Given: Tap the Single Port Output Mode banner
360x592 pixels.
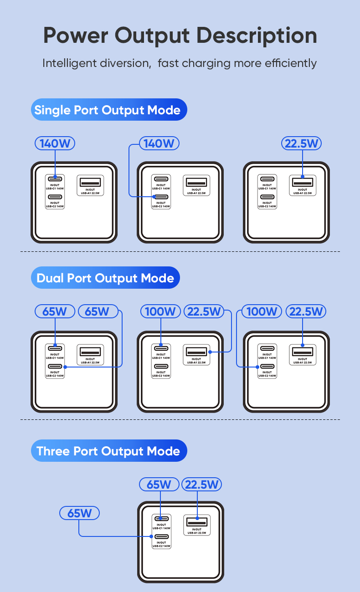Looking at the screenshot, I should pyautogui.click(x=108, y=110).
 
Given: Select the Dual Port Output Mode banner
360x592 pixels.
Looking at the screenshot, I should pyautogui.click(x=105, y=278).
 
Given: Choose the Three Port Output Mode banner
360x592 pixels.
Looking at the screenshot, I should pyautogui.click(x=108, y=451).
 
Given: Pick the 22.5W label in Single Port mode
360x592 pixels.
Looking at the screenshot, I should pyautogui.click(x=302, y=143).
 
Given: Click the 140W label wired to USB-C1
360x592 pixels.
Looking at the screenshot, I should pyautogui.click(x=55, y=143).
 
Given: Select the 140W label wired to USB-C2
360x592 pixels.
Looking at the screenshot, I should pyautogui.click(x=159, y=143).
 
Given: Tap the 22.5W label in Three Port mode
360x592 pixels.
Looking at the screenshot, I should pyautogui.click(x=201, y=485).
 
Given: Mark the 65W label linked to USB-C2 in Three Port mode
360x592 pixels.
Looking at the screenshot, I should pyautogui.click(x=80, y=513).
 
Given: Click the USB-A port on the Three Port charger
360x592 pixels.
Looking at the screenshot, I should pyautogui.click(x=196, y=521).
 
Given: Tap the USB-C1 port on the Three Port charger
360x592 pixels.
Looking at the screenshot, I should pyautogui.click(x=161, y=519).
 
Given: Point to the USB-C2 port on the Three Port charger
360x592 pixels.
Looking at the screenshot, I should pyautogui.click(x=161, y=536).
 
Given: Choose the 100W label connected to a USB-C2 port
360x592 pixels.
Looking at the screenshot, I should pyautogui.click(x=261, y=311).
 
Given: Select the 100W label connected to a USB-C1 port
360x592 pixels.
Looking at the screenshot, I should pyautogui.click(x=160, y=311).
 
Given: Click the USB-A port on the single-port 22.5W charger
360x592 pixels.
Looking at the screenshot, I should pyautogui.click(x=303, y=183).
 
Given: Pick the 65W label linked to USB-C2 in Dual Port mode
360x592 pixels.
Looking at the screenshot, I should pyautogui.click(x=98, y=311).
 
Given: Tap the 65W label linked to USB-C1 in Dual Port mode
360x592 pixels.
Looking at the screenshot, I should pyautogui.click(x=55, y=311).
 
